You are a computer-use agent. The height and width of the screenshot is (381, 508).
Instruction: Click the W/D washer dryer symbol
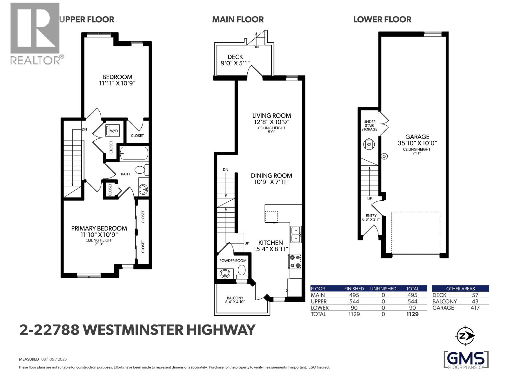point(111,130)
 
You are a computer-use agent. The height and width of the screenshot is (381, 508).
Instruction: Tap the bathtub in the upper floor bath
point(134,153)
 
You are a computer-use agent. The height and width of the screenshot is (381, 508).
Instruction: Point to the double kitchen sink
point(296,234)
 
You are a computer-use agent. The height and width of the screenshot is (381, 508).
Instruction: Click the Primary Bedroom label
point(99,228)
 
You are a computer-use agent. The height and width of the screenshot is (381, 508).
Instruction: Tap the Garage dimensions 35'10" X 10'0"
point(417,143)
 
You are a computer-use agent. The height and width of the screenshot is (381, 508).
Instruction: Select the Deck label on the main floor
point(235,57)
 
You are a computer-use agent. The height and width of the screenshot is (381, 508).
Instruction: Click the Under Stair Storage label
point(369,125)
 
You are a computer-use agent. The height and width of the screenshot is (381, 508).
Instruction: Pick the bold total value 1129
point(412,314)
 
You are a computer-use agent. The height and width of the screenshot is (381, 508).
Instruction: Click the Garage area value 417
point(475,308)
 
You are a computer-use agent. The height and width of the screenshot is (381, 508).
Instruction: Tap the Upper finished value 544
point(354,301)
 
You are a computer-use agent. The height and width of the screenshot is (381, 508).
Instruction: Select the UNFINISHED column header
point(383,289)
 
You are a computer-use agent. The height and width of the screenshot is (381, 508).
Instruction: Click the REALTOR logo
point(36,33)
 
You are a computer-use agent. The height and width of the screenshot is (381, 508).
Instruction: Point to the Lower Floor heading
point(382,20)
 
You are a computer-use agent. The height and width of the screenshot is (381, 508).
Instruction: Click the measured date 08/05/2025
point(54,359)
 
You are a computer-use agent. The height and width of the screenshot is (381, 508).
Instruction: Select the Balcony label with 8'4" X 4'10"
point(235,300)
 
